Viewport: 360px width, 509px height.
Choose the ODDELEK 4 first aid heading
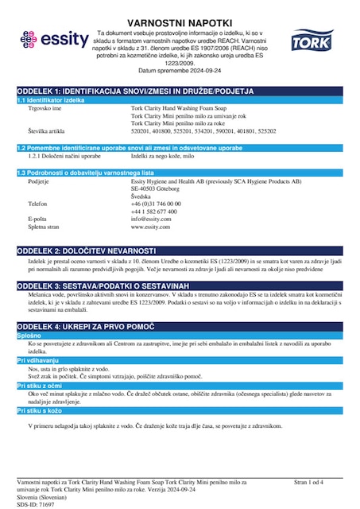pyautogui.click(x=82, y=326)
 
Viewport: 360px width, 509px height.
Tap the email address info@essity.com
pyautogui.click(x=151, y=220)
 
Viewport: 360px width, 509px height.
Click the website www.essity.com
pyautogui.click(x=150, y=227)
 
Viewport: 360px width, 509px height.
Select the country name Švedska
pyautogui.click(x=142, y=196)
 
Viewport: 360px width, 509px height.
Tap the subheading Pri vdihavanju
pyautogui.click(x=39, y=361)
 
